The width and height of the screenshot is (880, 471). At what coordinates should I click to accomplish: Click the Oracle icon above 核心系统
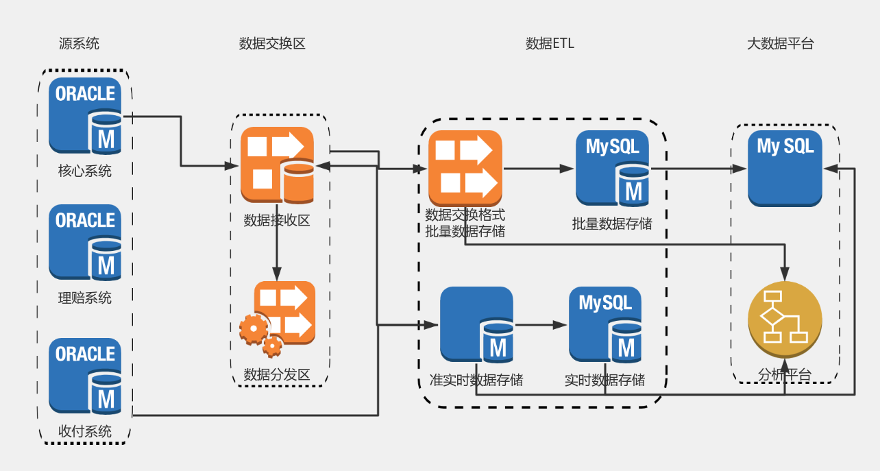(86, 115)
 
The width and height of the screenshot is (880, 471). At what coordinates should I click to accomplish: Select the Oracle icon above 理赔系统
(86, 242)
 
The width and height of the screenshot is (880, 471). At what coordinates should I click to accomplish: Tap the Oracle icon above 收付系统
(86, 376)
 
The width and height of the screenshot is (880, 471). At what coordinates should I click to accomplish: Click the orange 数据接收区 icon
(277, 165)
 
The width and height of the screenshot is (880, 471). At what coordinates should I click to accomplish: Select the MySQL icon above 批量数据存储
(613, 169)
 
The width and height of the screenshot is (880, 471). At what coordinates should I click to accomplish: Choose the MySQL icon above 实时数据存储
(606, 324)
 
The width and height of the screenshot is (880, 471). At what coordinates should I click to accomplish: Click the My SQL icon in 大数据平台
(785, 169)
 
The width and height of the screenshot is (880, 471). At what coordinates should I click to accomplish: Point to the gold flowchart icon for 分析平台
(785, 319)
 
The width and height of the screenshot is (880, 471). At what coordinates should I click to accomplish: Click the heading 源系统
(79, 44)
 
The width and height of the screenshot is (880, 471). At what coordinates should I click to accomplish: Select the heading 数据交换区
(272, 44)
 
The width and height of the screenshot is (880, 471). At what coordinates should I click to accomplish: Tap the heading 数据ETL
(550, 44)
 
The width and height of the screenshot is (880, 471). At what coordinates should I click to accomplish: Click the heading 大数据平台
(781, 44)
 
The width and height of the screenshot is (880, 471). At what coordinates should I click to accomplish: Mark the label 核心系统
(85, 171)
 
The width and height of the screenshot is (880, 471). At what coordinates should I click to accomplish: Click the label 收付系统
(85, 431)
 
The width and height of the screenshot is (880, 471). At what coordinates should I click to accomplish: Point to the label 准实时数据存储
(476, 380)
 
